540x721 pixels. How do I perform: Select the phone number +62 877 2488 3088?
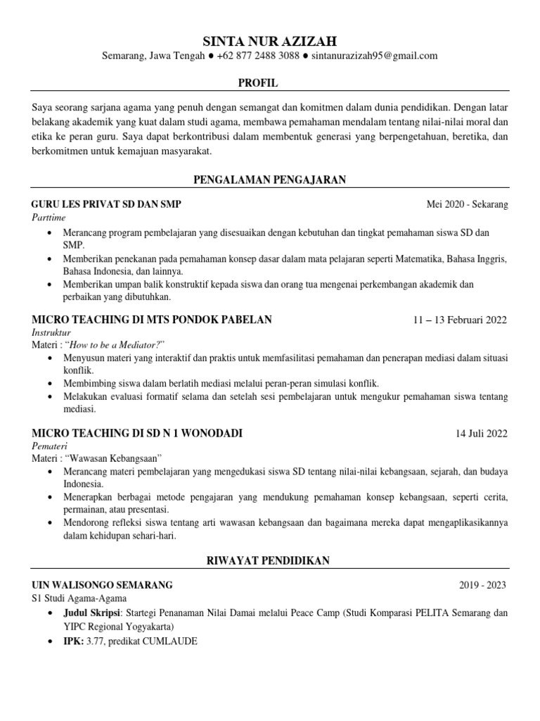point(259,56)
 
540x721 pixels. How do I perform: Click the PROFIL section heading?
point(258,83)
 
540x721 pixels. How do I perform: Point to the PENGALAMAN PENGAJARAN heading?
point(271,180)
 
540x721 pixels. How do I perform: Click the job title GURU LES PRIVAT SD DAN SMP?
point(106,204)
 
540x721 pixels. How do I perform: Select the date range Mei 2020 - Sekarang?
point(467,205)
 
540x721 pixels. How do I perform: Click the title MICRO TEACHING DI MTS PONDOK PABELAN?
point(152,320)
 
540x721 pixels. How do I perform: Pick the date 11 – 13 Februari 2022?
point(460,320)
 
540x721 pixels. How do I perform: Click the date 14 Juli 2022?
point(482,433)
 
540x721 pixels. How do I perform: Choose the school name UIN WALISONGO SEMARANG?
point(102,584)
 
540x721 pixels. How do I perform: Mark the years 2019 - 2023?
point(482,585)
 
